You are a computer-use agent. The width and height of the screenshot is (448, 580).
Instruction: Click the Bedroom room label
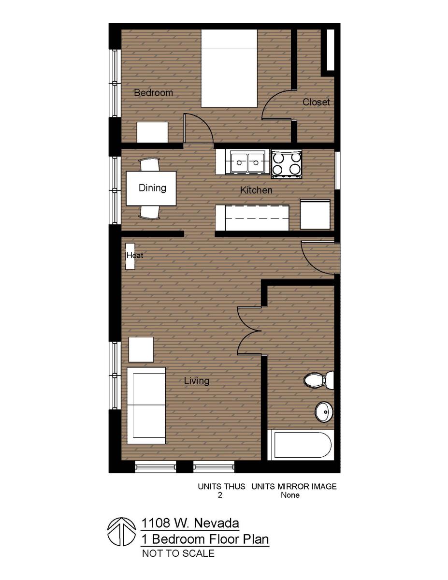pyautogui.click(x=153, y=92)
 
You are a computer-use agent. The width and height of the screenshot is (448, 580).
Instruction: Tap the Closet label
pyautogui.click(x=316, y=102)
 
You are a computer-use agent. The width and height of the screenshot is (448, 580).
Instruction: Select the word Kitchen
pyautogui.click(x=256, y=190)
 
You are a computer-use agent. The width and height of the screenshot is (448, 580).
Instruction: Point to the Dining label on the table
pyautogui.click(x=152, y=188)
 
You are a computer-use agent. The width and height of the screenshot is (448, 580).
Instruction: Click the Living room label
pyautogui.click(x=197, y=381)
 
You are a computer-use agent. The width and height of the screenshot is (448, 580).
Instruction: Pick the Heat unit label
pyautogui.click(x=135, y=255)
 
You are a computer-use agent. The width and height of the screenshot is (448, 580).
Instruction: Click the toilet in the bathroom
pyautogui.click(x=319, y=380)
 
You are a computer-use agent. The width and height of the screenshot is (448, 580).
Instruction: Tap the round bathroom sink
pyautogui.click(x=324, y=412)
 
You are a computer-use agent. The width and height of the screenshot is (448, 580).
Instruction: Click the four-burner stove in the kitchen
pyautogui.click(x=287, y=163)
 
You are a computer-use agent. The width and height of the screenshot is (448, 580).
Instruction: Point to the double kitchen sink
pyautogui.click(x=247, y=162)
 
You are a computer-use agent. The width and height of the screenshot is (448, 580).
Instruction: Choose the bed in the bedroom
pyautogui.click(x=229, y=68)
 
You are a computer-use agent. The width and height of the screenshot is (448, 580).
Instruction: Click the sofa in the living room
pyautogui.click(x=146, y=406)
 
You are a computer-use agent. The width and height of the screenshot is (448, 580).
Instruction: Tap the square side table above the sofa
pyautogui.click(x=141, y=349)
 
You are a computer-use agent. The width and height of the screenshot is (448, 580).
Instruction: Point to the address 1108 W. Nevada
pyautogui.click(x=190, y=523)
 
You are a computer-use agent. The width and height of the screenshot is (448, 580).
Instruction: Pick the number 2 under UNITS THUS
pyautogui.click(x=220, y=495)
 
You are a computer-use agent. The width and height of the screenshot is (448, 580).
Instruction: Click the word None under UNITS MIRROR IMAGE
pyautogui.click(x=290, y=495)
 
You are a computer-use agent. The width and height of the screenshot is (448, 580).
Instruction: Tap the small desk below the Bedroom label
pyautogui.click(x=152, y=132)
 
